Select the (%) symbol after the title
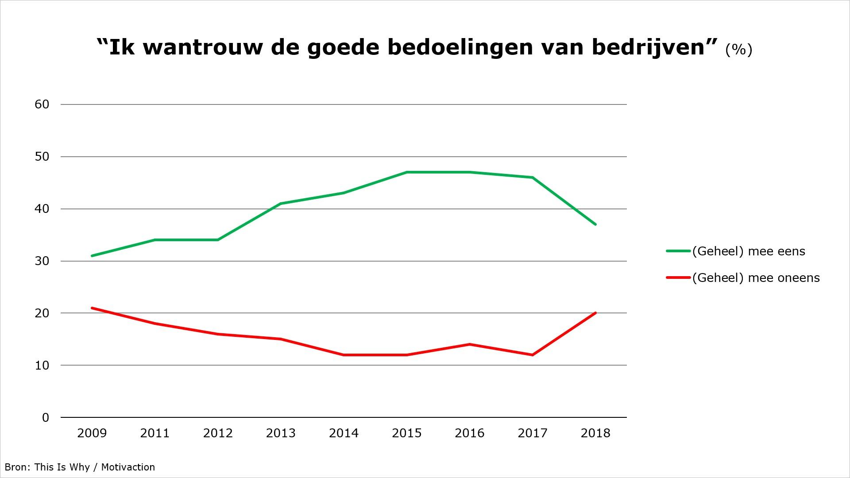coord(738,49)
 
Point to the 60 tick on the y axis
coord(42,104)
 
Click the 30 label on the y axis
coord(42,261)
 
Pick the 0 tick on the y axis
coord(46,417)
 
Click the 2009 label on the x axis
coord(92,433)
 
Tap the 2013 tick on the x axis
coord(281,433)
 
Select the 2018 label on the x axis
coord(595,433)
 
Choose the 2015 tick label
coord(407,433)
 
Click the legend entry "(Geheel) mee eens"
coord(748,251)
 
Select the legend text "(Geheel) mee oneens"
coord(756,278)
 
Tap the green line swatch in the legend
coord(678,251)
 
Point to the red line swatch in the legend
coord(678,278)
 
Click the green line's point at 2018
coord(595,224)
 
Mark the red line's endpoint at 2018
coord(595,313)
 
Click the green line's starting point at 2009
coord(92,256)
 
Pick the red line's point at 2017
coord(533,355)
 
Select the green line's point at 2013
coord(281,204)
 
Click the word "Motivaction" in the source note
coord(128,467)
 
